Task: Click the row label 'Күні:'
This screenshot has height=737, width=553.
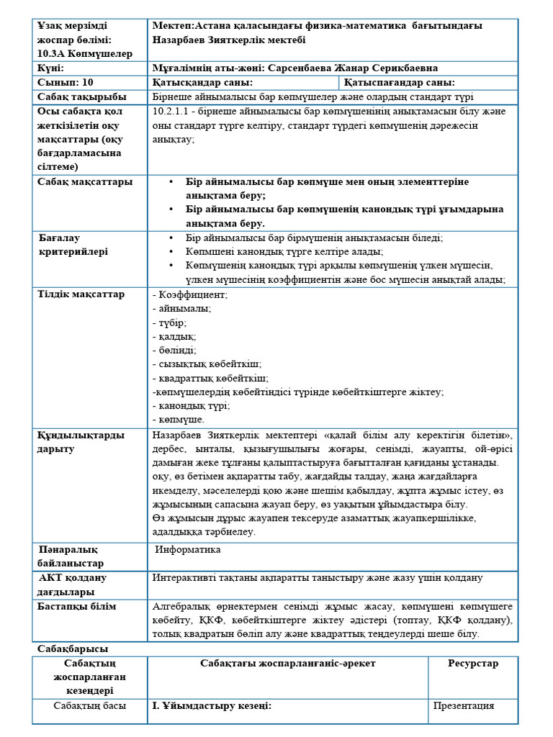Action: point(51,68)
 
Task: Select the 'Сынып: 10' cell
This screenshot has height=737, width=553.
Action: point(66,83)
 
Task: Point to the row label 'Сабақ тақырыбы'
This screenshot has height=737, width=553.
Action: point(82,97)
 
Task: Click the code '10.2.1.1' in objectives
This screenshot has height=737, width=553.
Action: point(171,112)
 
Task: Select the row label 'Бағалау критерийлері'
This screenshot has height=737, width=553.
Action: point(73,245)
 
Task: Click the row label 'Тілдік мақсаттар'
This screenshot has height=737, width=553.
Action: point(81,294)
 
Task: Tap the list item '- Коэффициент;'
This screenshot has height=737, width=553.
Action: point(190,294)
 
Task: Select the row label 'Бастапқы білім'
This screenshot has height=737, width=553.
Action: point(76,607)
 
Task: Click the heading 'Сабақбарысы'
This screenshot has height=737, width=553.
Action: point(73,649)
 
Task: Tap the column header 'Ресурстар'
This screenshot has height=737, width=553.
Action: point(472,664)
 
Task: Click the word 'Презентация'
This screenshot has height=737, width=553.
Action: point(464,706)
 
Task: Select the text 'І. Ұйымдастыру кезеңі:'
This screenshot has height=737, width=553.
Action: point(211,706)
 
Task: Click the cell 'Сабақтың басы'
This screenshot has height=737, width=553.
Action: point(90,706)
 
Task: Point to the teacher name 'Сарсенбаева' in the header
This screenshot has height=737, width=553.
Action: point(302,68)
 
